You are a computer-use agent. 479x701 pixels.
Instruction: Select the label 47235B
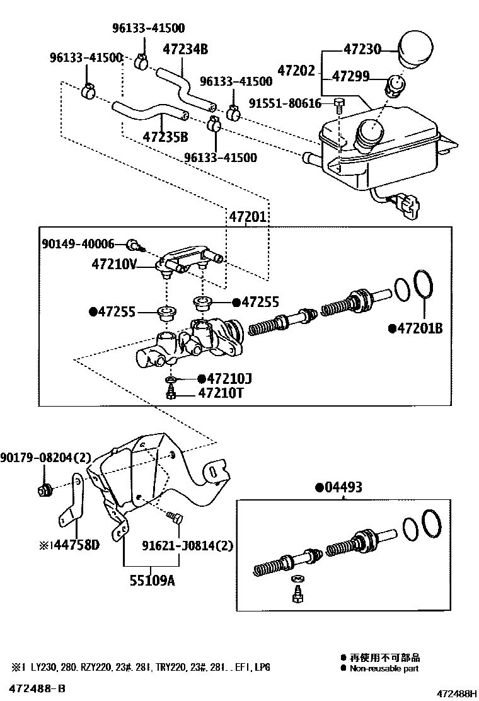[x=165, y=137]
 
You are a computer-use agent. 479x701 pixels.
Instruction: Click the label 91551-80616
[x=285, y=103]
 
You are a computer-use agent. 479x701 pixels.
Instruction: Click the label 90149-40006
[x=79, y=244]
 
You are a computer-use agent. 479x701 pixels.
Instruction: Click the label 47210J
[x=224, y=378]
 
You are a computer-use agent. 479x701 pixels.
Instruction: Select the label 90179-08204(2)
[x=46, y=457]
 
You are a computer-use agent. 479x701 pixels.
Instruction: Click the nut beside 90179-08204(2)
[x=45, y=490]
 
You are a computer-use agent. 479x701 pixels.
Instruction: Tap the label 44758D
[x=69, y=545]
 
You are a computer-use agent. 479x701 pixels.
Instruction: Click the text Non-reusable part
[x=384, y=668]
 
